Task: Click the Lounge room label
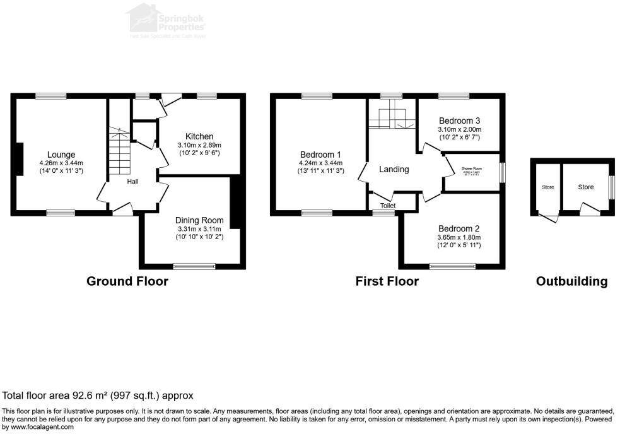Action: (x=61, y=155)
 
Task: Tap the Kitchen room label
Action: (x=199, y=136)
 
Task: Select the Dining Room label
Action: (x=199, y=220)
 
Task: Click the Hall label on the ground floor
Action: (x=132, y=182)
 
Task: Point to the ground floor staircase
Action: (x=119, y=151)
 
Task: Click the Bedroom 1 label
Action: (x=320, y=155)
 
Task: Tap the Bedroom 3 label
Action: (x=460, y=120)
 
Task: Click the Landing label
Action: (x=394, y=169)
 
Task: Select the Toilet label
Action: (x=388, y=206)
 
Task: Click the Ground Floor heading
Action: (x=127, y=281)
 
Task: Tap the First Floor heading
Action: (x=387, y=281)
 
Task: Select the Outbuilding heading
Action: (x=571, y=281)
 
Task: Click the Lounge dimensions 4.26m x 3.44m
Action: (x=61, y=163)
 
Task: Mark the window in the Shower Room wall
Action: (x=502, y=173)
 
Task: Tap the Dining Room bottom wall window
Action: (x=192, y=266)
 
